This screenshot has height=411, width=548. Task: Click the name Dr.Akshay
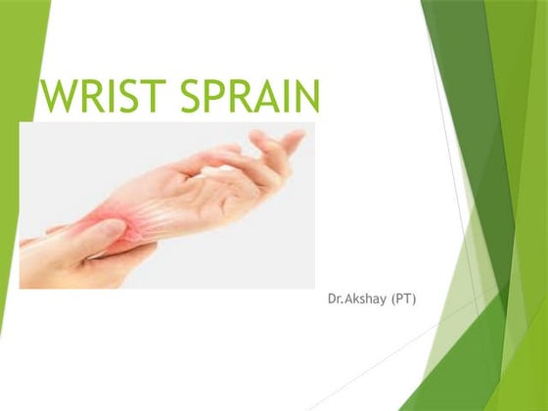[357, 297]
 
